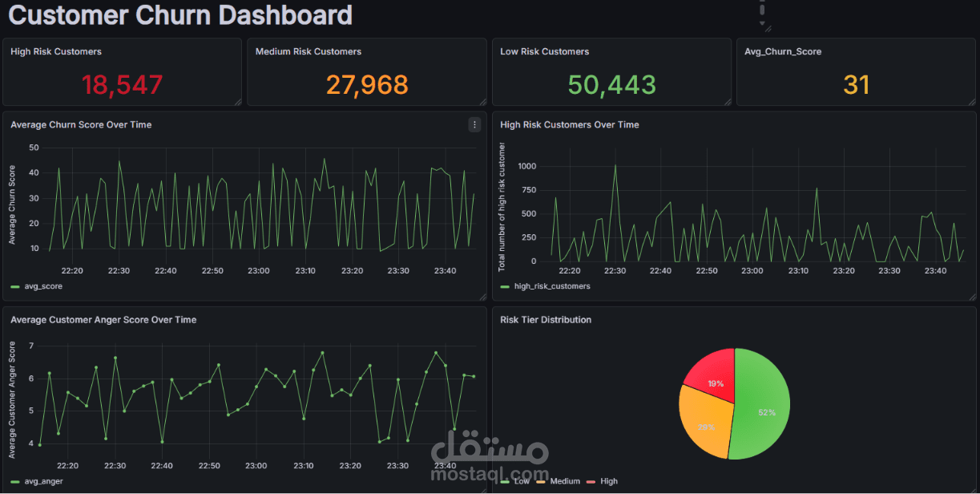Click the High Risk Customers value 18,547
[122, 85]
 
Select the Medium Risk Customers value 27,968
[367, 85]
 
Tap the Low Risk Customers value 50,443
[611, 85]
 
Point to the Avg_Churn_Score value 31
[856, 85]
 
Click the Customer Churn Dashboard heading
[180, 15]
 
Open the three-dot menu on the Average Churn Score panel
[474, 125]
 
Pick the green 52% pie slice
[764, 404]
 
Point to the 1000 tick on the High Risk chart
[526, 167]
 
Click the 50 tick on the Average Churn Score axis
[34, 148]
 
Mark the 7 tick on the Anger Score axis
[31, 346]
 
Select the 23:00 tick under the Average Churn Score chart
[259, 270]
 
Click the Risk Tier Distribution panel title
[546, 320]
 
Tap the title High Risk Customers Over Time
[570, 125]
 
